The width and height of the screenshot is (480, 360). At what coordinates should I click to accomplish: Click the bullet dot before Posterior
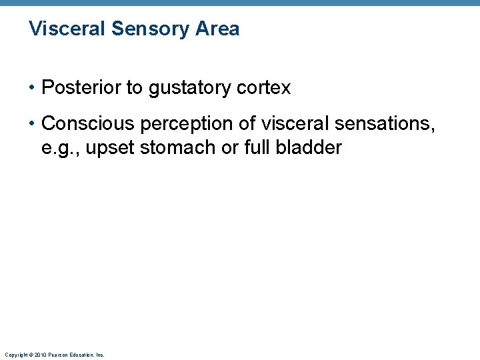pyautogui.click(x=33, y=88)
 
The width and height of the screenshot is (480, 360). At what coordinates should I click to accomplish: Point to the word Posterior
pyautogui.click(x=77, y=87)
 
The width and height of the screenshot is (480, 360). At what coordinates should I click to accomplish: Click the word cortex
pyautogui.click(x=267, y=87)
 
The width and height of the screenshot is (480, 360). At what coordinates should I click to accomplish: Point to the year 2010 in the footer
pyautogui.click(x=39, y=355)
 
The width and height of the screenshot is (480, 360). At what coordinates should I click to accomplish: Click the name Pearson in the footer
pyautogui.click(x=57, y=355)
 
